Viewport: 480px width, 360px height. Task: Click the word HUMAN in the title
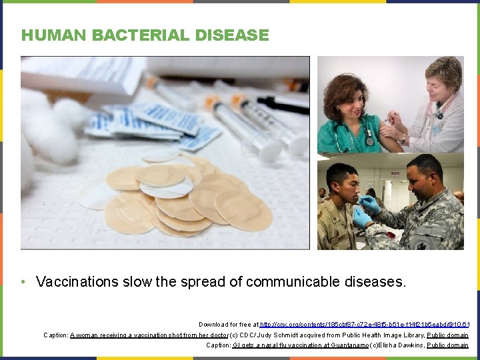point(49,35)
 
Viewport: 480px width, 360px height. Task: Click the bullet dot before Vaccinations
point(24,282)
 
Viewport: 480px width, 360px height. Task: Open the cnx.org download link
point(364,325)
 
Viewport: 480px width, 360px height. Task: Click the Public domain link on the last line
point(447,345)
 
